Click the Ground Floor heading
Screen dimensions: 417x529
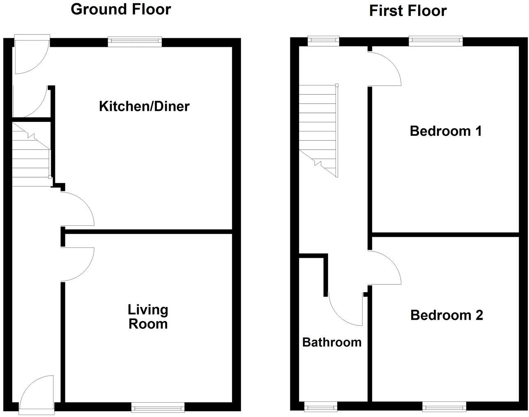pyautogui.click(x=121, y=9)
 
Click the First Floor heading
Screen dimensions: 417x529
pyautogui.click(x=407, y=11)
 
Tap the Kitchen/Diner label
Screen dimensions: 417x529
pyautogui.click(x=144, y=106)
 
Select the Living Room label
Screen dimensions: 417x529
pyautogui.click(x=148, y=317)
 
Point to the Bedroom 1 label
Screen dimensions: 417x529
pyautogui.click(x=446, y=131)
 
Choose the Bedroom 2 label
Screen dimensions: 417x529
pyautogui.click(x=446, y=315)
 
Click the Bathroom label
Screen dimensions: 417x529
pyautogui.click(x=332, y=342)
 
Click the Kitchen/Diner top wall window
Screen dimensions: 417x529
pyautogui.click(x=135, y=41)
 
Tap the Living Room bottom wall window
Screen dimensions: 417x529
pyautogui.click(x=158, y=407)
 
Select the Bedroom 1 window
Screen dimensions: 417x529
pyautogui.click(x=436, y=41)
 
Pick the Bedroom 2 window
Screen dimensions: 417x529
pyautogui.click(x=444, y=407)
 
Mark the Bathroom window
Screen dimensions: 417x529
pyautogui.click(x=320, y=407)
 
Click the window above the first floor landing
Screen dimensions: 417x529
pyautogui.click(x=323, y=41)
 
